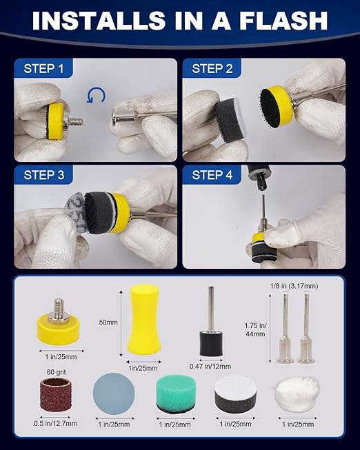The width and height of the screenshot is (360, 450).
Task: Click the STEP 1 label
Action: (43, 69)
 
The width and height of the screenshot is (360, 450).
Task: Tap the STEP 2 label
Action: (212, 69)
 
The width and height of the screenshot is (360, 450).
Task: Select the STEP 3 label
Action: (44, 175)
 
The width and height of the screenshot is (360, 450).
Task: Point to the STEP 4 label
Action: (212, 175)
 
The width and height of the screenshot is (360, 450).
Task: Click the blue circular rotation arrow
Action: (96, 96)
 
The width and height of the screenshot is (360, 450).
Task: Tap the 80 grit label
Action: (57, 372)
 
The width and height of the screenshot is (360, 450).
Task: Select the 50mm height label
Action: (108, 323)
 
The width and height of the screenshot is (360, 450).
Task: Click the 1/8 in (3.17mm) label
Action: (294, 286)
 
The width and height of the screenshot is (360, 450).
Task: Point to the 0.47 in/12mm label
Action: (210, 367)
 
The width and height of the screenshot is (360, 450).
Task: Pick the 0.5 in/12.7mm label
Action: (55, 423)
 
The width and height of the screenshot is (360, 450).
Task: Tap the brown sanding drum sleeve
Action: (55, 395)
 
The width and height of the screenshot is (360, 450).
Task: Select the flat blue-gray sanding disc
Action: (114, 393)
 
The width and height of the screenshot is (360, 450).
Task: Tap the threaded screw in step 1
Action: (74, 123)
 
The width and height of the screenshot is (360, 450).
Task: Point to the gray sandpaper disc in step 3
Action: (75, 211)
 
